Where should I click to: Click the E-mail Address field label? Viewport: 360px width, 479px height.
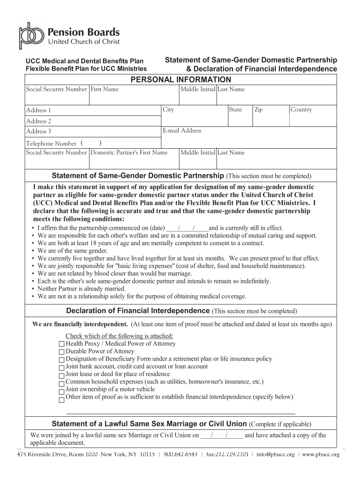[182, 131]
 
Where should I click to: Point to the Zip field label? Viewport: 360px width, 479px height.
[259, 109]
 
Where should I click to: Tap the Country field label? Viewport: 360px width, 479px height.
[301, 109]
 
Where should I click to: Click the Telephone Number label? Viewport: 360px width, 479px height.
[51, 144]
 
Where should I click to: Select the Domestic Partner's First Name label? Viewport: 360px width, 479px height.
[129, 152]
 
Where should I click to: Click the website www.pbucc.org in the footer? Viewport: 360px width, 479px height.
[321, 454]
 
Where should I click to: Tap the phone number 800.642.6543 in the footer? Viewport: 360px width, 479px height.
[180, 454]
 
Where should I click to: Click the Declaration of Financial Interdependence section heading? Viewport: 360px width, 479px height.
[137, 311]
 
